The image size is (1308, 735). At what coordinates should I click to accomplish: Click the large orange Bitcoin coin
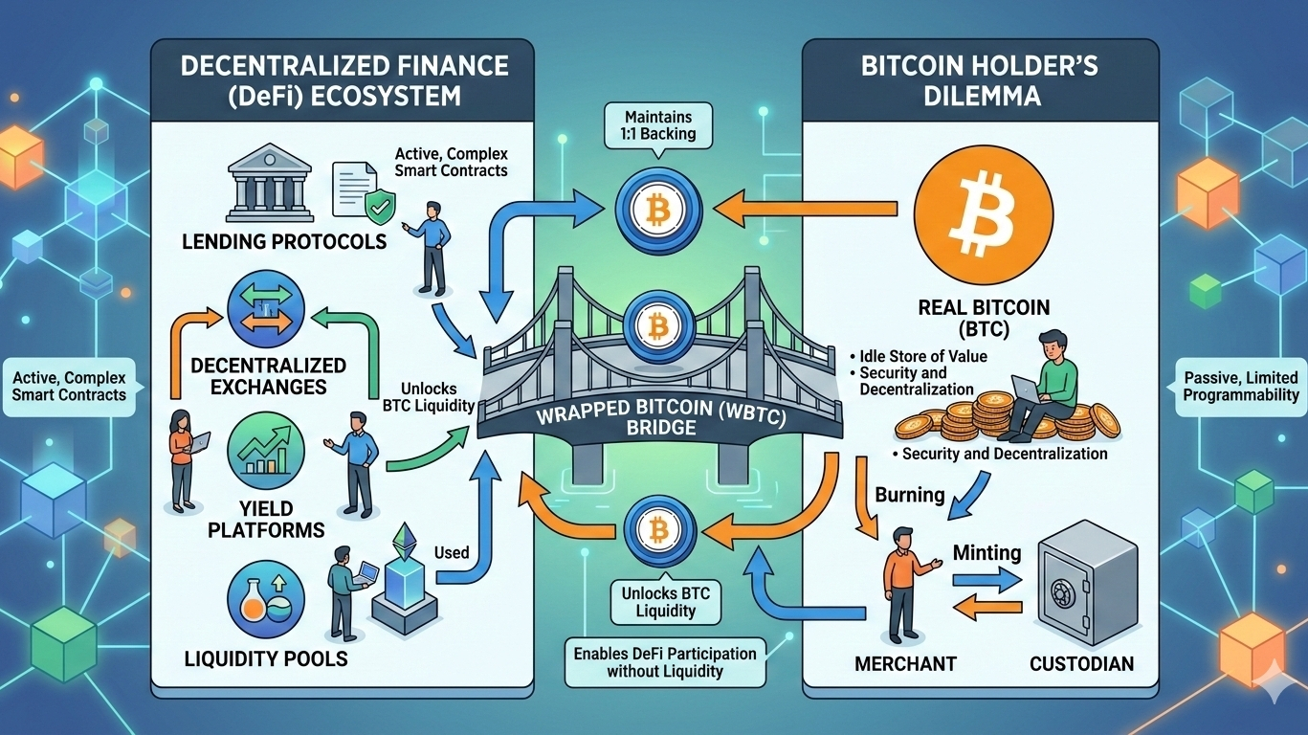[x=983, y=208]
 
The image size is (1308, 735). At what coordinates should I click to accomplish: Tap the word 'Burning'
[x=910, y=496]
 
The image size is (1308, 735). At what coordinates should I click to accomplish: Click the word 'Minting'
[x=987, y=552]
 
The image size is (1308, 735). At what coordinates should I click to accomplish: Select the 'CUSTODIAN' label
[x=1082, y=663]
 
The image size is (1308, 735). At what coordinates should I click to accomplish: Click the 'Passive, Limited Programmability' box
[x=1241, y=386]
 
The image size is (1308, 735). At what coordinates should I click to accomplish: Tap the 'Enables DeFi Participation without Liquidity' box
[x=665, y=661]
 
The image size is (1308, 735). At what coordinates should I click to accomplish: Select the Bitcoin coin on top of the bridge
[x=657, y=327]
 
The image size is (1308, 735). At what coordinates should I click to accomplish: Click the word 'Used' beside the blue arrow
[x=452, y=552]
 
